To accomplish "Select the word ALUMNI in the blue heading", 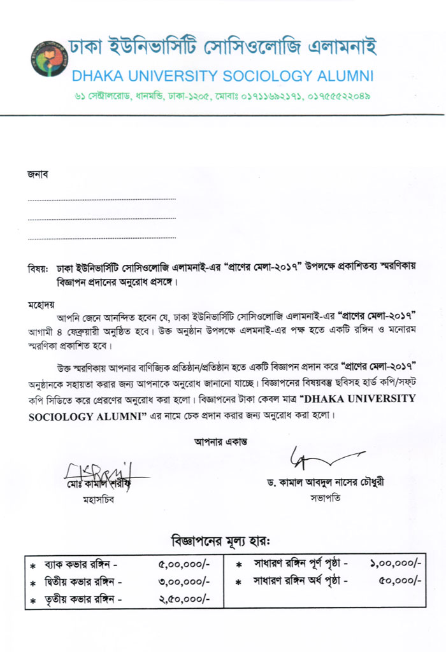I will click(x=344, y=76).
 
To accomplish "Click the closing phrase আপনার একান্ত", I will click(x=220, y=441).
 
